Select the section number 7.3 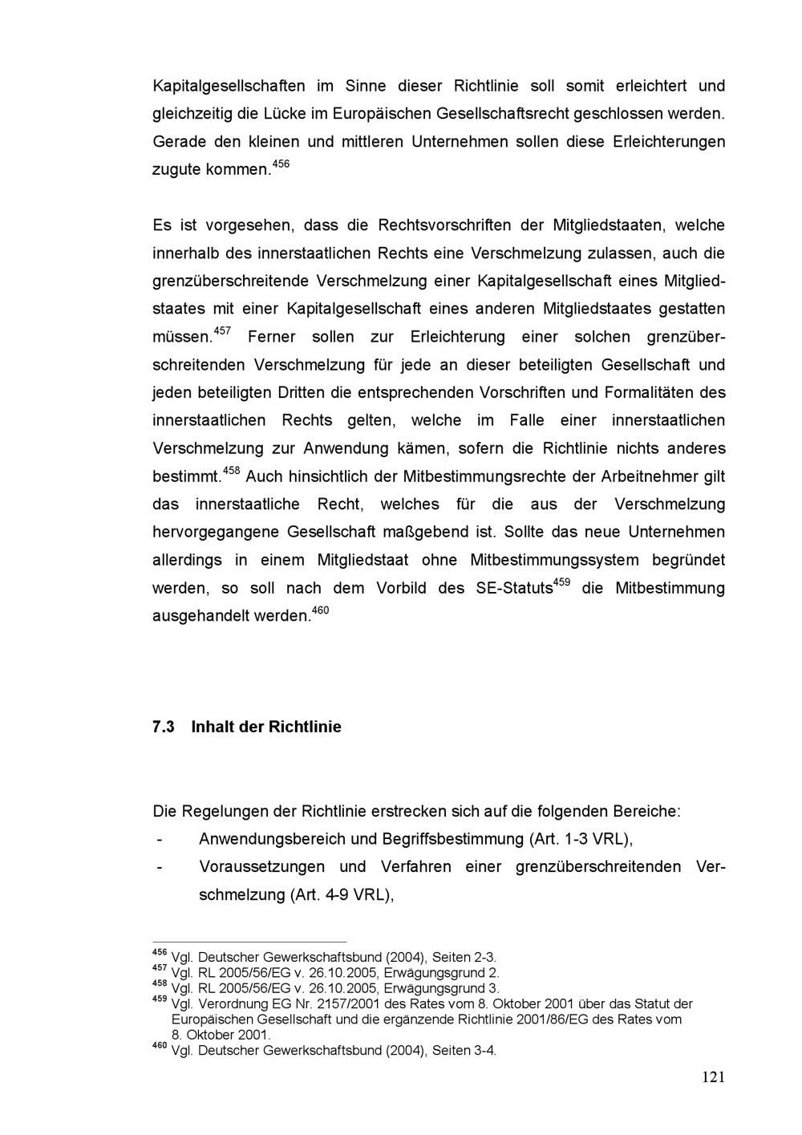pos(164,727)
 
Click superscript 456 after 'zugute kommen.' pos(281,164)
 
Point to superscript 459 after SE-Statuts pos(561,582)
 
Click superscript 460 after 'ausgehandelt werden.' pos(320,611)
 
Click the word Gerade pos(178,141)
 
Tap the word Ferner pos(271,337)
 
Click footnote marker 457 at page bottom pos(160,968)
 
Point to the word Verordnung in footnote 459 pos(229,1003)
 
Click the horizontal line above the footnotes pos(249,942)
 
